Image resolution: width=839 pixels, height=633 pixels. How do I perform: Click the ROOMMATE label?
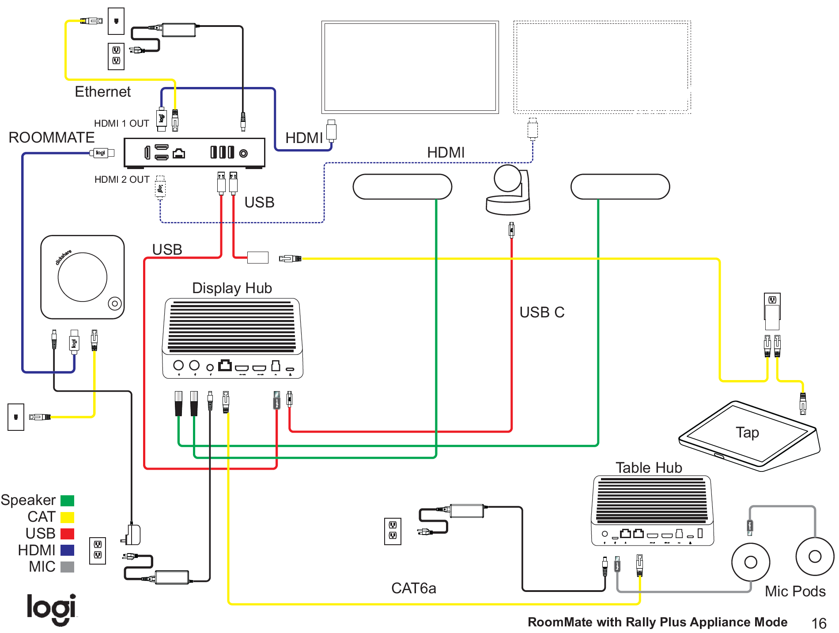coord(52,137)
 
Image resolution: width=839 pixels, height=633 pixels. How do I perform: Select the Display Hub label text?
coord(232,288)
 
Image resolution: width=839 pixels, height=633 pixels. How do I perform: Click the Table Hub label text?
coord(649,467)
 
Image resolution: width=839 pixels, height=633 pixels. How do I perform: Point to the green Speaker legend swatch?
coord(67,501)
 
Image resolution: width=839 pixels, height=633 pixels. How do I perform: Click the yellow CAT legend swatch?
coord(67,517)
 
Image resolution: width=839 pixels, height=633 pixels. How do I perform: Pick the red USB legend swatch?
coord(67,534)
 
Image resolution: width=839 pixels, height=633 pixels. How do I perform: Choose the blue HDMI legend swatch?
coord(67,550)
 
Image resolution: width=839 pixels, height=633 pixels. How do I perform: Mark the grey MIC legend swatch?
coord(67,567)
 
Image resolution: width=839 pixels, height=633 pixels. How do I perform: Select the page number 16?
coord(819,623)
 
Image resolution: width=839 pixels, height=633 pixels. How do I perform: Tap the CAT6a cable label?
coord(413,588)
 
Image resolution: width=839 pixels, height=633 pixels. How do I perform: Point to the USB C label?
coord(542,312)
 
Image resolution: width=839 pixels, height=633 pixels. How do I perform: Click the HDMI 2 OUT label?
coord(122,179)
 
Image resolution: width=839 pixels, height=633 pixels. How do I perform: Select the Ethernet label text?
coord(102,92)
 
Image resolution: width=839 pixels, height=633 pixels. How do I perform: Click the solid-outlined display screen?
coord(410,67)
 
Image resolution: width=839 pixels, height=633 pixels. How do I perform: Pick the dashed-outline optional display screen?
coord(602,67)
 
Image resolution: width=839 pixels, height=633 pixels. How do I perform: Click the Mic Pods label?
coord(795,591)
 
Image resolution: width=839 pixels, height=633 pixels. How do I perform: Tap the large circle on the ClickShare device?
coord(83,277)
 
